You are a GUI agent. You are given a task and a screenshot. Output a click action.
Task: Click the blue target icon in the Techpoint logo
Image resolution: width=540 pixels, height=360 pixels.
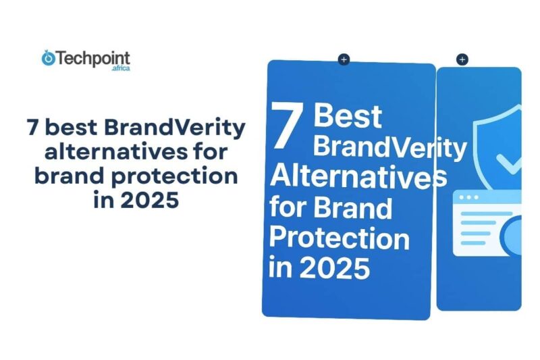click(x=48, y=59)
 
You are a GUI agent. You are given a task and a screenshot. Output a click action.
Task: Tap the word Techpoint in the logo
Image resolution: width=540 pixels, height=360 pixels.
click(x=92, y=58)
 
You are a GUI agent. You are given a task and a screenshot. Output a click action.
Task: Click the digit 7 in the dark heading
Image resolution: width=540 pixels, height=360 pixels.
click(x=32, y=127)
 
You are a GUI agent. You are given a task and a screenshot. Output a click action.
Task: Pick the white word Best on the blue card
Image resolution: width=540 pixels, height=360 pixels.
click(x=348, y=116)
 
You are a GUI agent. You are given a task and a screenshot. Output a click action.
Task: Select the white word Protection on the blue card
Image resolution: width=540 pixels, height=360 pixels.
click(x=339, y=238)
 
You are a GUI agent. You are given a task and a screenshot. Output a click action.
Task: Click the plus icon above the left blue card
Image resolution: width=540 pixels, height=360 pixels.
click(x=344, y=59)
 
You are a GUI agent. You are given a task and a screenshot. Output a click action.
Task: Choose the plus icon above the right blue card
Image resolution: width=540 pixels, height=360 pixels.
click(x=462, y=59)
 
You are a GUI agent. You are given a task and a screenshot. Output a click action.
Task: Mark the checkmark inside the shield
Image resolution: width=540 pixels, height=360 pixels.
click(x=508, y=161)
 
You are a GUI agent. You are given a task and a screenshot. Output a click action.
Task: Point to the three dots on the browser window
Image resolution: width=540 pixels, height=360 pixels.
click(x=468, y=197)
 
